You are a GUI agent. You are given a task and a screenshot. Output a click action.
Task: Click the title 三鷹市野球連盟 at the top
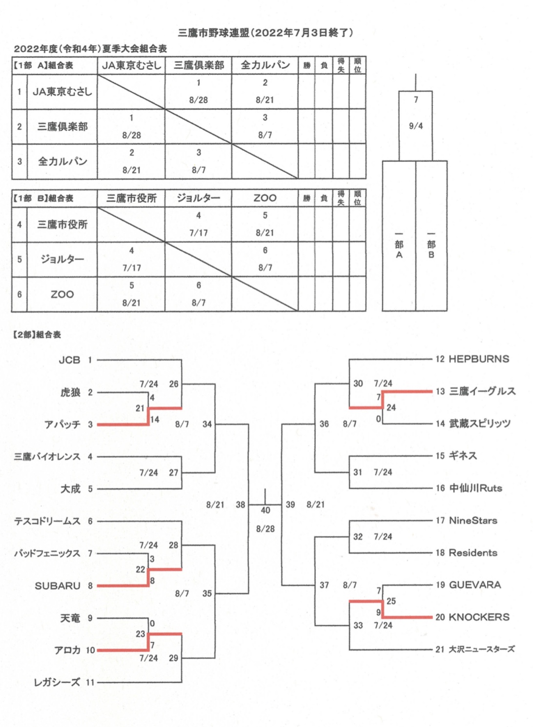click(x=214, y=33)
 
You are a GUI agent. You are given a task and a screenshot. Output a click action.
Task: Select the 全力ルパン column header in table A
click(x=265, y=65)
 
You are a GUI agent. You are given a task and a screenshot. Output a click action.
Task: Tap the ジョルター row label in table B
click(x=62, y=259)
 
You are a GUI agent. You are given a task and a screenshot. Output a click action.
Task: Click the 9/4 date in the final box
click(x=416, y=126)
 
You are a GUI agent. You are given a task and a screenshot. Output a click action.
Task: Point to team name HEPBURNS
click(x=479, y=359)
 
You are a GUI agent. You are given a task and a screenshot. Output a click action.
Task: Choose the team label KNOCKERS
click(x=479, y=617)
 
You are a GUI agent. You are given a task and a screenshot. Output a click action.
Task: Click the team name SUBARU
click(x=58, y=586)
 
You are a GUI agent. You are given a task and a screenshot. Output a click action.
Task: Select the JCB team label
click(x=69, y=360)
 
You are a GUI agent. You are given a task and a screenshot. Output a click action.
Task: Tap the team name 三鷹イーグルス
click(x=482, y=391)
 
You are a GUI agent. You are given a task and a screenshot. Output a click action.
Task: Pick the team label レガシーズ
click(x=57, y=683)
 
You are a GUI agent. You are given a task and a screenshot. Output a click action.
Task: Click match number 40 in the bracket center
click(x=265, y=510)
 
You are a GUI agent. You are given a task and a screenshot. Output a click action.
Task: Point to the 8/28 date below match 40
click(x=265, y=529)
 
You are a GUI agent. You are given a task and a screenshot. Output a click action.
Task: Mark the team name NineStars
click(x=473, y=521)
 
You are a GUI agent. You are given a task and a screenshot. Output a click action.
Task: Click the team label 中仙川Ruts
click(x=475, y=488)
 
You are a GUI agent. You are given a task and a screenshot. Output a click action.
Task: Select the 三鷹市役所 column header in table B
click(x=131, y=198)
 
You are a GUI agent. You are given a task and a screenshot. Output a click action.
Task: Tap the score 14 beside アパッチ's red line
click(x=155, y=420)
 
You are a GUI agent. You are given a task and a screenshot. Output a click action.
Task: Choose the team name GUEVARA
click(x=475, y=585)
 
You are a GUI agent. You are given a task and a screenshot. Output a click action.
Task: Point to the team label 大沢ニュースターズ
click(x=482, y=649)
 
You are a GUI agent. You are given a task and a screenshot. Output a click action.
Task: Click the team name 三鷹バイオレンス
click(x=47, y=457)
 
